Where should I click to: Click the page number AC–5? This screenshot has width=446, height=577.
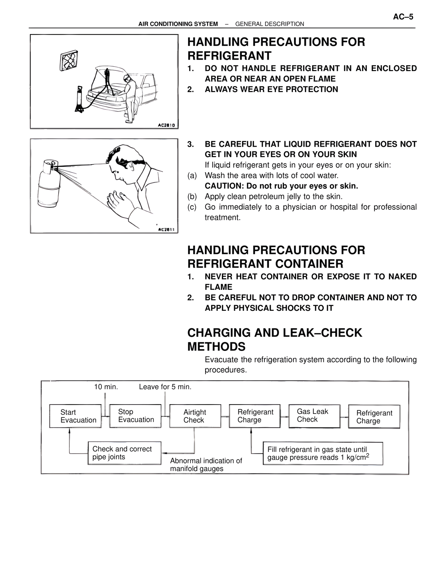(x=403, y=17)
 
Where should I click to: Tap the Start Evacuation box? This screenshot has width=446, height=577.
(x=75, y=416)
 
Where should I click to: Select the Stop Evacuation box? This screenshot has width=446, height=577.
(x=135, y=416)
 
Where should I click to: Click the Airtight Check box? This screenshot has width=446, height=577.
(x=195, y=416)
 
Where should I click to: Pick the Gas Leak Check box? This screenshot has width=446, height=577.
(x=314, y=416)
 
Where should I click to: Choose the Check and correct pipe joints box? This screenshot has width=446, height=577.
(x=124, y=453)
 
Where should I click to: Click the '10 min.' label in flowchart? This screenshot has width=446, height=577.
(x=106, y=387)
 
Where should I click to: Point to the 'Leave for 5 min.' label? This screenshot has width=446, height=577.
(x=165, y=387)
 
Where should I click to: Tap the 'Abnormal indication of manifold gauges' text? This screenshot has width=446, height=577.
(x=206, y=464)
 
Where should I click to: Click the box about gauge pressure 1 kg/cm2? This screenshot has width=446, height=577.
(x=323, y=453)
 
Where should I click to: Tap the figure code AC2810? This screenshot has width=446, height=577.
(x=166, y=125)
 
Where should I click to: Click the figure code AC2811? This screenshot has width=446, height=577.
(x=167, y=230)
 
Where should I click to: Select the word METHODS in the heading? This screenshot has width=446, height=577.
(x=216, y=347)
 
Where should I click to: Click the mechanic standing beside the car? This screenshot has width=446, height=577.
(x=130, y=98)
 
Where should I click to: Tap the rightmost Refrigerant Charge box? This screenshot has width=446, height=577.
(x=374, y=417)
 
